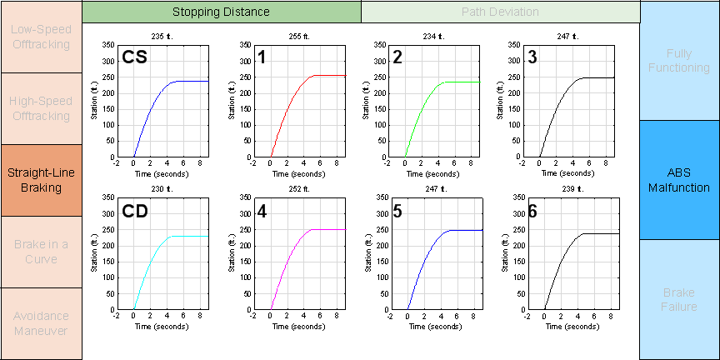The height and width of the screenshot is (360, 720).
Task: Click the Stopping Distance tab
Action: pos(221,12)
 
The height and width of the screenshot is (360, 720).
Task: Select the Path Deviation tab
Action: pos(500,12)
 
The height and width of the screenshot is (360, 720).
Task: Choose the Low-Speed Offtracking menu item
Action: pos(41,37)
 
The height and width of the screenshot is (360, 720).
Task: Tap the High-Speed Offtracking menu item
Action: pos(41,108)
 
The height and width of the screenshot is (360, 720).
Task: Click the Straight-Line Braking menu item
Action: pos(41,180)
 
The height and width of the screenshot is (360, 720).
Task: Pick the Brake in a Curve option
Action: pos(41,252)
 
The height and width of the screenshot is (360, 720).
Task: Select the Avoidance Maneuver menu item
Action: pos(41,323)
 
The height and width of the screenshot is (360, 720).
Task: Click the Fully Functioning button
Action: pos(679,60)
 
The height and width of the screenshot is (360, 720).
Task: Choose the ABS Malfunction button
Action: pos(679,180)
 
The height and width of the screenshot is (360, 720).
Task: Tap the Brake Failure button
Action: pos(679,300)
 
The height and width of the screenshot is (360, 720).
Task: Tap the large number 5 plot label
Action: pos(397,212)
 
